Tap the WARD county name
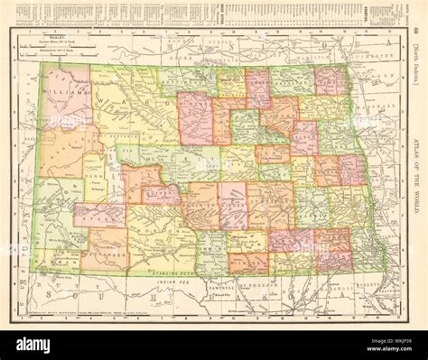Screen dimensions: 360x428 point(135,106)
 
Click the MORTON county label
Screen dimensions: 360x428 point(158,230)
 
